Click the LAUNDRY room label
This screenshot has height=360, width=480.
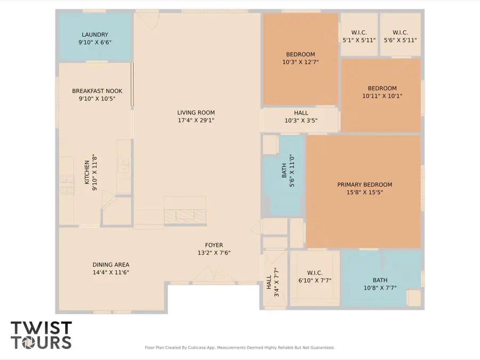click(95, 35)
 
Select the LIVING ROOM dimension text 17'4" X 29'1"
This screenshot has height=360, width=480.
click(196, 121)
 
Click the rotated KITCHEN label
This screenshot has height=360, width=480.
click(87, 173)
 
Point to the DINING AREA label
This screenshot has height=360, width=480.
click(111, 265)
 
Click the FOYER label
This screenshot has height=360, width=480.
click(214, 245)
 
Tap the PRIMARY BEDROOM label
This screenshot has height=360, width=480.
click(365, 185)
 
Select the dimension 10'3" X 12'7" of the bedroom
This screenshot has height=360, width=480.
click(300, 62)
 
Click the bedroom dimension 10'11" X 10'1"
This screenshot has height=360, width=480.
click(382, 96)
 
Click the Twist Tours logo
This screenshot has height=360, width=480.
click(41, 334)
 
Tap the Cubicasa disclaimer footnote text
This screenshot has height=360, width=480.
click(239, 348)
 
